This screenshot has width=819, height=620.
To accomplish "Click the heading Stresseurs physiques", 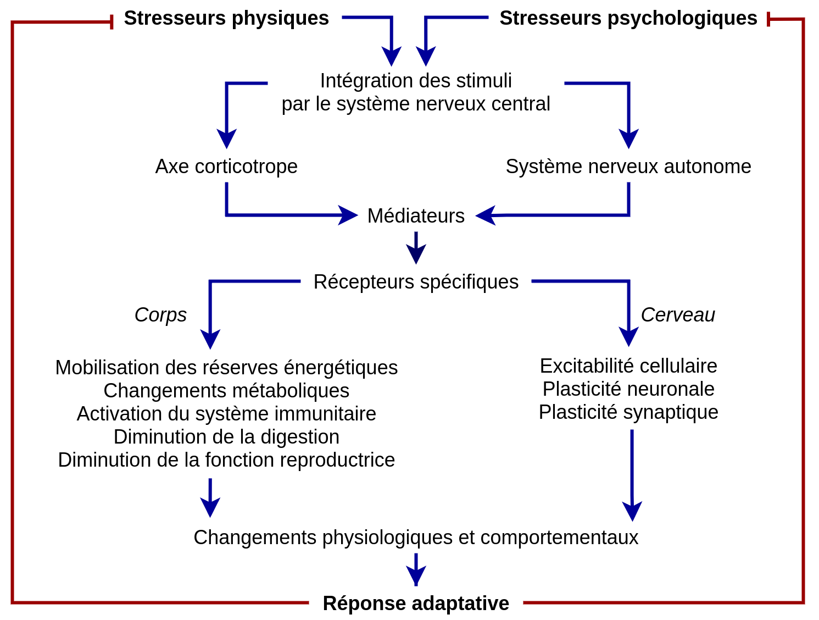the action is tap(226, 19).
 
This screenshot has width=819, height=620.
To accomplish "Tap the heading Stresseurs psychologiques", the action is tap(628, 19).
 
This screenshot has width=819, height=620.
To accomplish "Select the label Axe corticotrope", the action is tap(226, 167).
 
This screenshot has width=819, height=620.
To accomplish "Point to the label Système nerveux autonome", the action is tap(628, 167).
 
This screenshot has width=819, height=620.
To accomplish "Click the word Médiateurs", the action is tap(416, 216).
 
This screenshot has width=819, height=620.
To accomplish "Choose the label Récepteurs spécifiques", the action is tap(416, 282).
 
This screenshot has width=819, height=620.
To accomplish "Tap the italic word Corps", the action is tap(160, 315).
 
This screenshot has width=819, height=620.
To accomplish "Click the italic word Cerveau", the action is tap(678, 315).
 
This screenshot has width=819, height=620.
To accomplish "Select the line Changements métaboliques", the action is tap(226, 391).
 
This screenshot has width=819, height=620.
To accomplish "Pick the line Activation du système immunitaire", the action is tap(226, 413).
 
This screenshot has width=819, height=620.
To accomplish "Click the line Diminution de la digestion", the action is tap(226, 437).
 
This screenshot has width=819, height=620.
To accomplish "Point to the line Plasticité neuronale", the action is tap(628, 389).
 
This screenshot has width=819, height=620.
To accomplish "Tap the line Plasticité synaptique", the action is tap(628, 412).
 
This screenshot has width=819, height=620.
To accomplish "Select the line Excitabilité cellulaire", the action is tap(628, 366).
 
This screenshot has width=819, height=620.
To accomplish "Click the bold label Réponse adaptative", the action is tap(416, 604).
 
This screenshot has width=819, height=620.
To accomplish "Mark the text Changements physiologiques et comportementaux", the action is tap(416, 538).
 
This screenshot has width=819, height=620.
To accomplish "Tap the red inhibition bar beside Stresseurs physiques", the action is tap(112, 22).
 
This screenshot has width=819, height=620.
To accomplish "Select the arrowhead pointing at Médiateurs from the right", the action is tap(485, 215).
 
